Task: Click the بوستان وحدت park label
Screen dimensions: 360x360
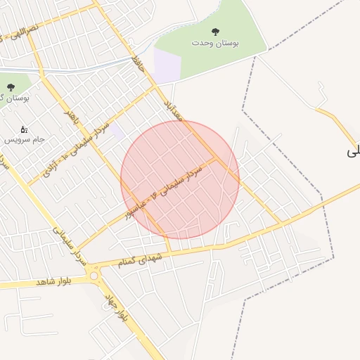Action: coord(215,44)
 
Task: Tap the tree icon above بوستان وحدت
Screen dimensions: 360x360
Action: coord(215,32)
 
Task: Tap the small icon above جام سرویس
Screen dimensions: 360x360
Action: coord(24,129)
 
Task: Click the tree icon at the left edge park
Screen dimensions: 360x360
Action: coord(10,87)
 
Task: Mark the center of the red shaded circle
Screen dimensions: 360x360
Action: coord(180,180)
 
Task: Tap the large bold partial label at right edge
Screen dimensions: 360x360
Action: coord(353,150)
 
